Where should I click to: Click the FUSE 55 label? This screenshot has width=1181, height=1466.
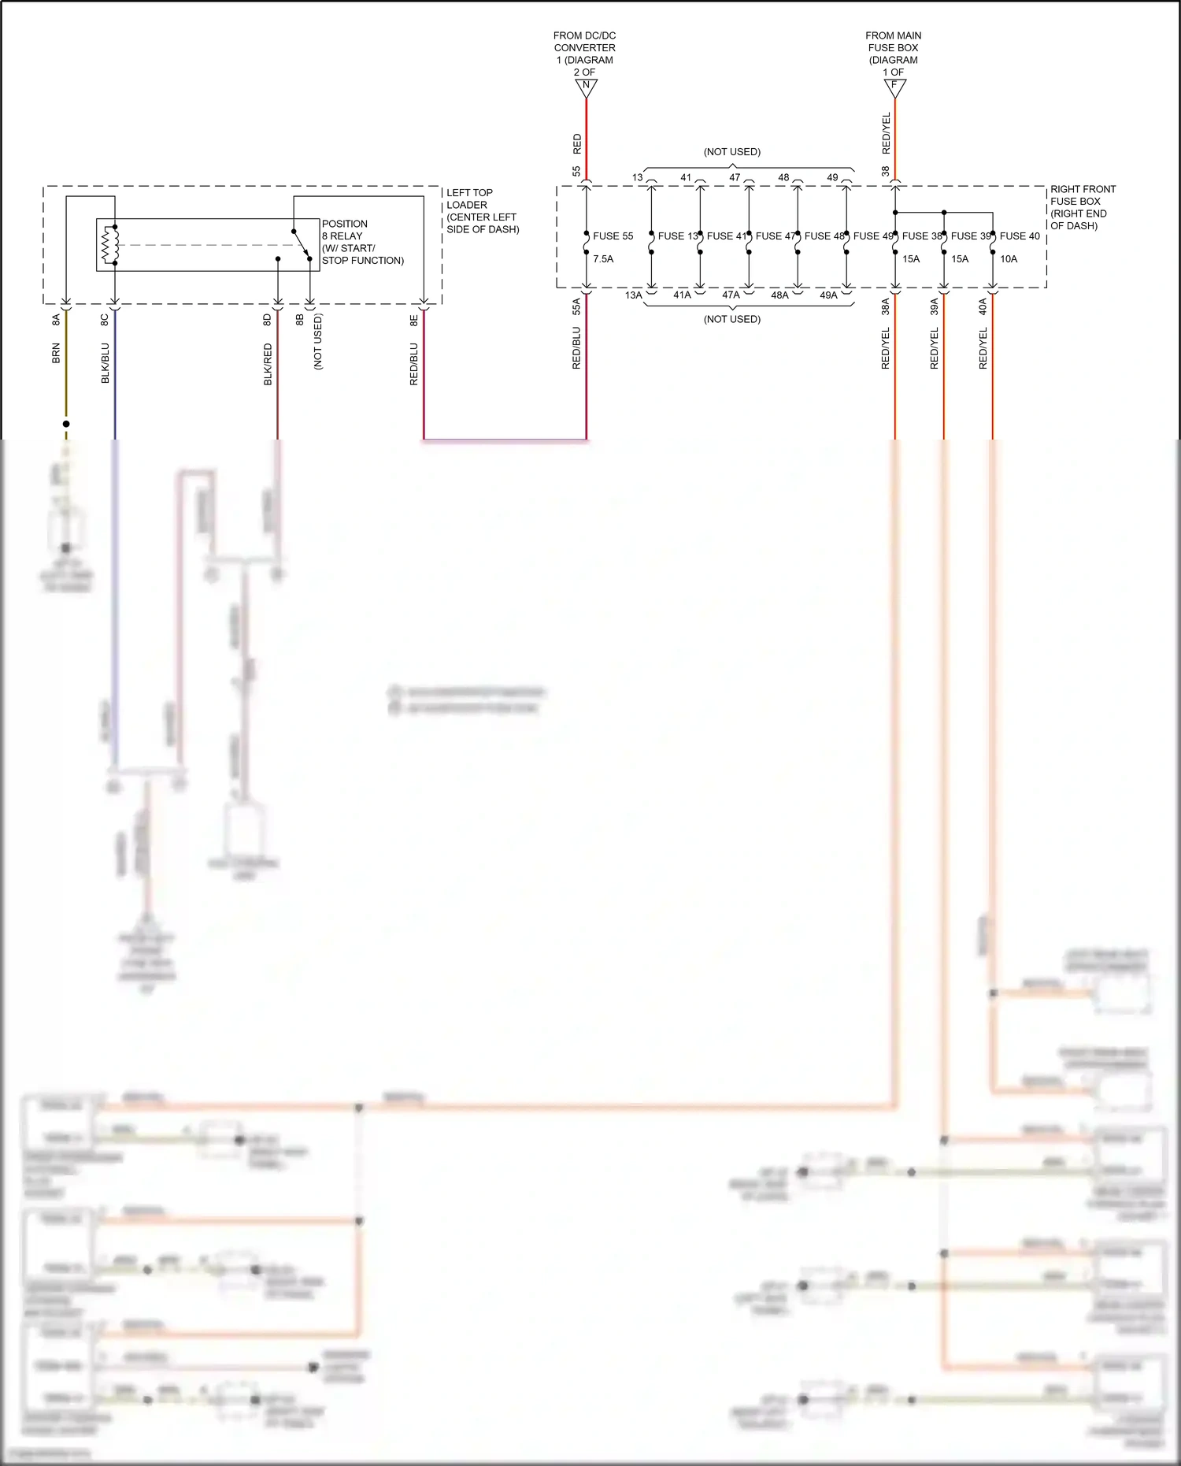pos(613,236)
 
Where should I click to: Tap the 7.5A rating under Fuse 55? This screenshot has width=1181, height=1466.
pos(603,259)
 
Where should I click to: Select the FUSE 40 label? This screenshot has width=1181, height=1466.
pos(1020,236)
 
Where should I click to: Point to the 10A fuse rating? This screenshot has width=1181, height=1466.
pos(1009,259)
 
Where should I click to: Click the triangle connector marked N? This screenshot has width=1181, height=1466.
pos(586,87)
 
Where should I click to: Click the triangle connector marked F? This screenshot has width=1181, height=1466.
pos(894,87)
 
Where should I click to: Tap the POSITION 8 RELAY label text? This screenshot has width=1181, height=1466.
pos(344,230)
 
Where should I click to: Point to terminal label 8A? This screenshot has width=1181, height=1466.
pos(56,319)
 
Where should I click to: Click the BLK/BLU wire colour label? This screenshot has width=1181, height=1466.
pos(105,363)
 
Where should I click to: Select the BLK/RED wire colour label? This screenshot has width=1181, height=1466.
pos(268,364)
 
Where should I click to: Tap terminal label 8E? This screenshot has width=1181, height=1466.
pos(413,320)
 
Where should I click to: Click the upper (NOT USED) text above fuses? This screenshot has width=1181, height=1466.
pos(732,152)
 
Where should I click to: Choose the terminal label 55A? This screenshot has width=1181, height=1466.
pos(576,306)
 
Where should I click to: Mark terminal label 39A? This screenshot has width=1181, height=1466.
pos(935,306)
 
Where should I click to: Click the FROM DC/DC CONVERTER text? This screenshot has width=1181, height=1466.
pos(584,48)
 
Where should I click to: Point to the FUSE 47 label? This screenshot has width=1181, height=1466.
pos(775,236)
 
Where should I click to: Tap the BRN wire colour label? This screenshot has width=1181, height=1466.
pos(56,353)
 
